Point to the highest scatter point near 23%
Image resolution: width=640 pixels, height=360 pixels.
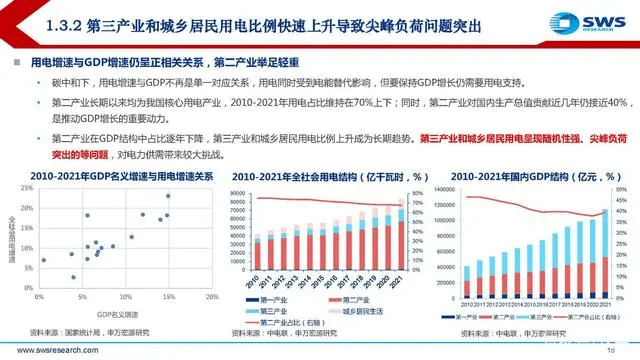coord(168,195)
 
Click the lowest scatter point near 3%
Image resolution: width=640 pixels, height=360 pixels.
coord(73,277)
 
